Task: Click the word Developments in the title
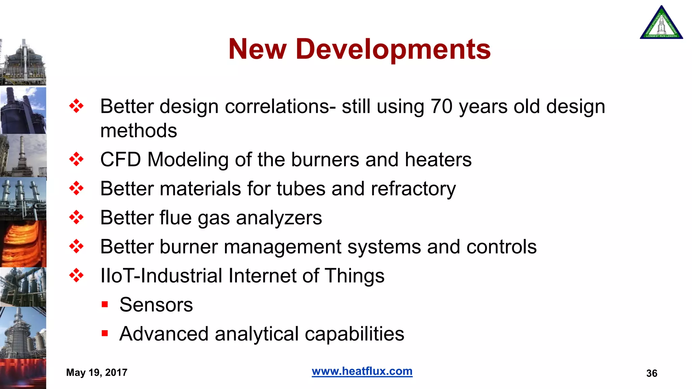[393, 50]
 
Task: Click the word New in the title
[257, 50]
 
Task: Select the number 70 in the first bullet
[441, 107]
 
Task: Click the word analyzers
[279, 218]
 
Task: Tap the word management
[282, 247]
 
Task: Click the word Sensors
[156, 305]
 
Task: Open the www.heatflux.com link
[362, 371]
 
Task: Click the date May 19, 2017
[97, 372]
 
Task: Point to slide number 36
[651, 373]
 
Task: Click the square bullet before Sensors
[105, 305]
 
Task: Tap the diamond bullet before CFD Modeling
[76, 159]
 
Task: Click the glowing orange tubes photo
[23, 244]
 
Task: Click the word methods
[139, 131]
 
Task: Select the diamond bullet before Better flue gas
[76, 217]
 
